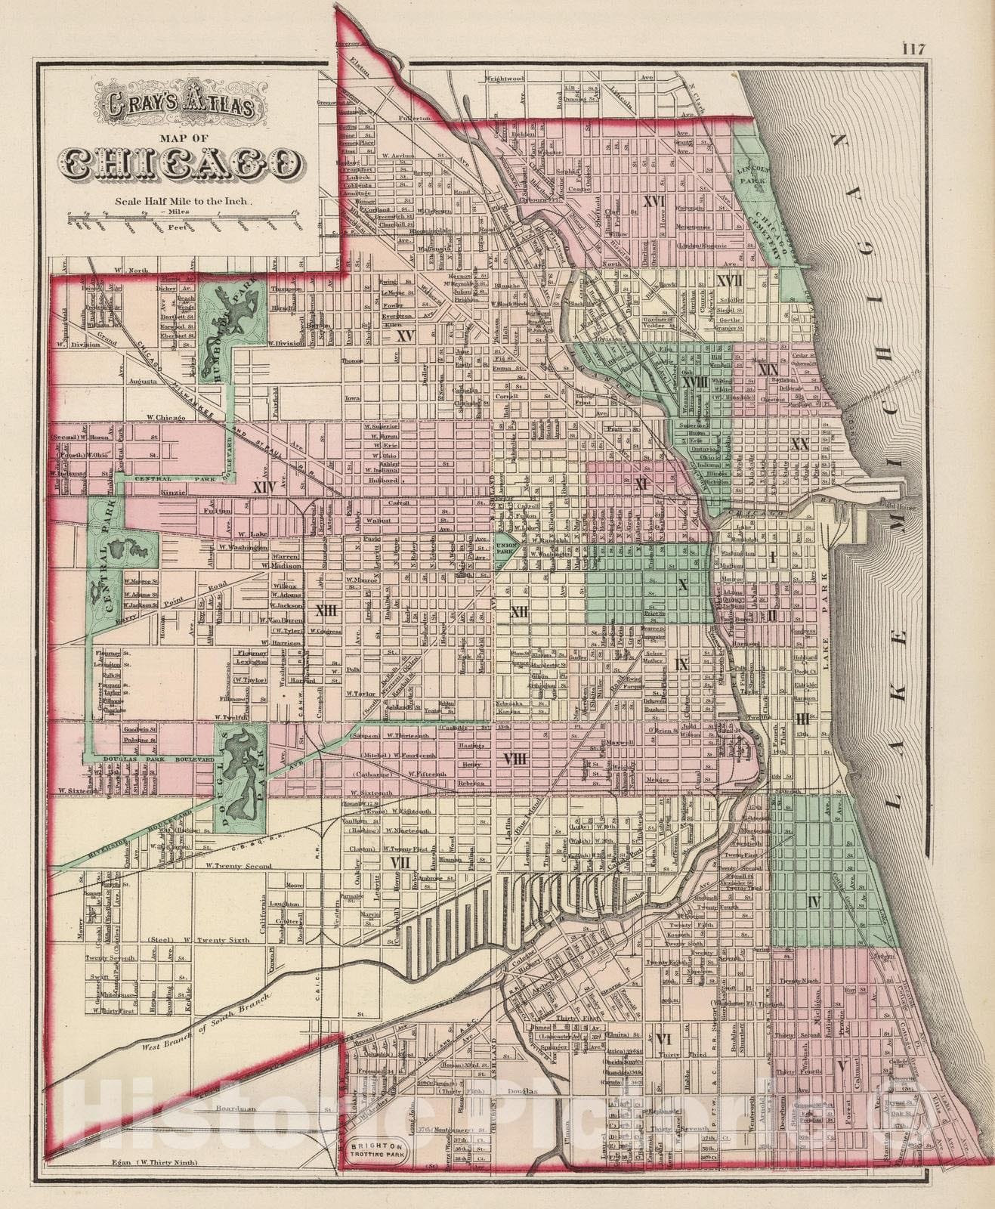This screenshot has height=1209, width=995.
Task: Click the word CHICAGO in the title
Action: point(179,164)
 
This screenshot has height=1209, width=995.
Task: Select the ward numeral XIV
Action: point(264,488)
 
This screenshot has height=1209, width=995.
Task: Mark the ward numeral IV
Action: point(814,901)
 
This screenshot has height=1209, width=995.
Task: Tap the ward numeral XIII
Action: point(326,610)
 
